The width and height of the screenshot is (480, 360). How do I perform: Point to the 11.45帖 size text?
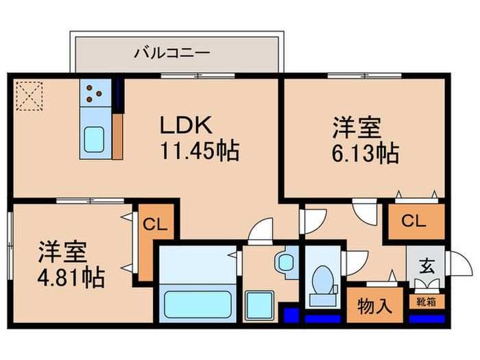point(199,150)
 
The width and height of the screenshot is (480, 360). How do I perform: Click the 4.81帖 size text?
point(71,278)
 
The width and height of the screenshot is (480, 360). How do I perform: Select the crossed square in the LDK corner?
point(29,95)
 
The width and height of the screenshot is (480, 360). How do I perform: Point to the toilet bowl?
point(320,283)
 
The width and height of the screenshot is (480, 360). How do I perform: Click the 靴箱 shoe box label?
point(425,301)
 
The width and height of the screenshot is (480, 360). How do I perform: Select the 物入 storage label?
point(375,307)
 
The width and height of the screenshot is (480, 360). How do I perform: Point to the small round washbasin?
point(283,261)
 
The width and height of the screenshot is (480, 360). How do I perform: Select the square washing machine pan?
point(259,304)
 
